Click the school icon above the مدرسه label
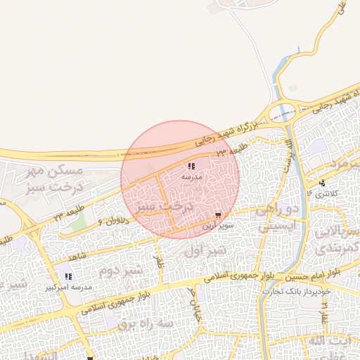[x=191, y=167]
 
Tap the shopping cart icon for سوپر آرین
[x=219, y=215]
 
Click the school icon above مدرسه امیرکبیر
[x=68, y=276]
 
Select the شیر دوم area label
[x=120, y=270]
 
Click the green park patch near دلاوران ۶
[x=79, y=220]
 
